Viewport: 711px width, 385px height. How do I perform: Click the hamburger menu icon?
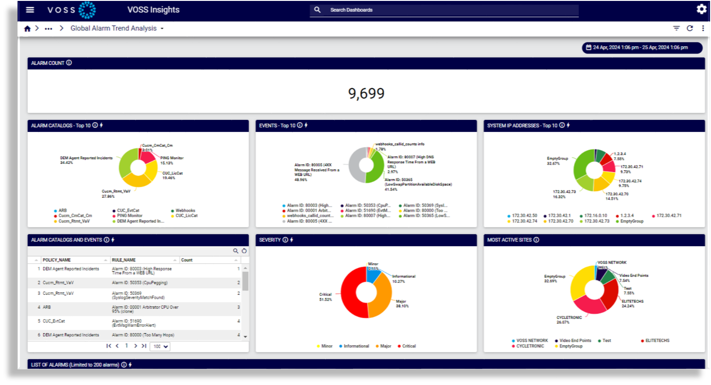point(30,10)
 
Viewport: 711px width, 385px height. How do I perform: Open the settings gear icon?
point(701,9)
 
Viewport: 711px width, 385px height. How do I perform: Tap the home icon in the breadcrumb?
point(28,28)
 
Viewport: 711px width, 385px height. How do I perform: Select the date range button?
point(642,48)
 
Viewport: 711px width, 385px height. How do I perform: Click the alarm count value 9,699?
point(366,93)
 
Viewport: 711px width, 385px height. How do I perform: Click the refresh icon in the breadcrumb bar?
point(689,28)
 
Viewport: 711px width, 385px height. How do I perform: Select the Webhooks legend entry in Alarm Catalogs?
point(185,211)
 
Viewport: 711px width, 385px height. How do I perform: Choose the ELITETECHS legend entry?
point(657,341)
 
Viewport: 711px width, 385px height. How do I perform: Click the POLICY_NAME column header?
point(57,260)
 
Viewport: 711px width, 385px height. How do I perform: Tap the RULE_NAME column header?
point(124,260)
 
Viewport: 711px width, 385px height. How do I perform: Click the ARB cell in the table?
point(47,307)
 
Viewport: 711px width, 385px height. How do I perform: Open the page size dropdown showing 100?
point(160,347)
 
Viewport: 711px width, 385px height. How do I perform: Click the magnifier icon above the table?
point(236,251)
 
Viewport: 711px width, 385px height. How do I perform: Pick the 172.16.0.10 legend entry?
point(595,216)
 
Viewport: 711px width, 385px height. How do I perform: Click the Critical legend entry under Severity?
point(409,346)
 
